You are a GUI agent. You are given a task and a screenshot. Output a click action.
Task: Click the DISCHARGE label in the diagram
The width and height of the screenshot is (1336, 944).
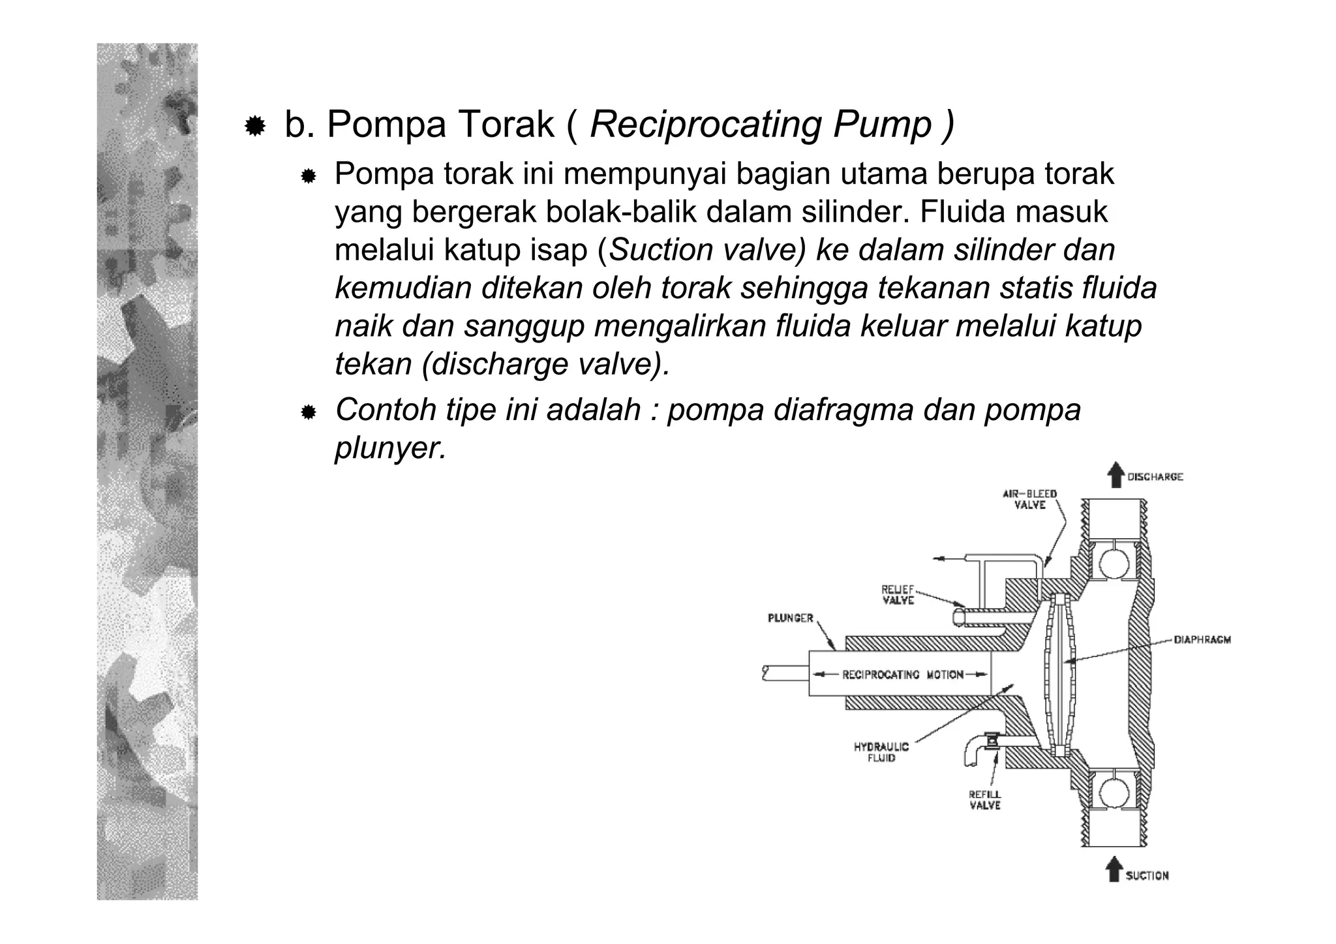point(1155,477)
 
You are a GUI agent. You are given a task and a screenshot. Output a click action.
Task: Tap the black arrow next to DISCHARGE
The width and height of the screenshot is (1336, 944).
point(1116,475)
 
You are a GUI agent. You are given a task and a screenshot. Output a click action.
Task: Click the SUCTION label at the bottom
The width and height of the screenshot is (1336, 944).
point(1147,875)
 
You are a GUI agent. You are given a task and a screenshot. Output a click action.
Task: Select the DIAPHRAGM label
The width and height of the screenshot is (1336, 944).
point(1202,640)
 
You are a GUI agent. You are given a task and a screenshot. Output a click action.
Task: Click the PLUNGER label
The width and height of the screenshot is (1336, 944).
point(790,618)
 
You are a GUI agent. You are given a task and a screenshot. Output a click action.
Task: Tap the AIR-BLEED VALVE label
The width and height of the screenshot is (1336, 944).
point(1029,499)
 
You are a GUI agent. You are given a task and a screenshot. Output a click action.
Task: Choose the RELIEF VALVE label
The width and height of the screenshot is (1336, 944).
point(898,594)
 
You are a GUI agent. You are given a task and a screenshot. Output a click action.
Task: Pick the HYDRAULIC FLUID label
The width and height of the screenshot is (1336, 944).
point(881,752)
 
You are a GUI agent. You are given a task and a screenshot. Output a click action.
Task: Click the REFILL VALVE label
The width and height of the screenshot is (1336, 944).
point(984,800)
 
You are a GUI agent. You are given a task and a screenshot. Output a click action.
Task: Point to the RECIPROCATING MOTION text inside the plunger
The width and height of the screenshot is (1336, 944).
point(903,675)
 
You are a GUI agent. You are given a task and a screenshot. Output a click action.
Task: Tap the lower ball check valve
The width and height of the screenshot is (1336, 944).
point(1114,793)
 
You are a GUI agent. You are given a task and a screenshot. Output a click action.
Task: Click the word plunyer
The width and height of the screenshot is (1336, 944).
point(390,448)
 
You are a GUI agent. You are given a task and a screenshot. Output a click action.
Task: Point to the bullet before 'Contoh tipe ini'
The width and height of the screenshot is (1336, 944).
point(308,412)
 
